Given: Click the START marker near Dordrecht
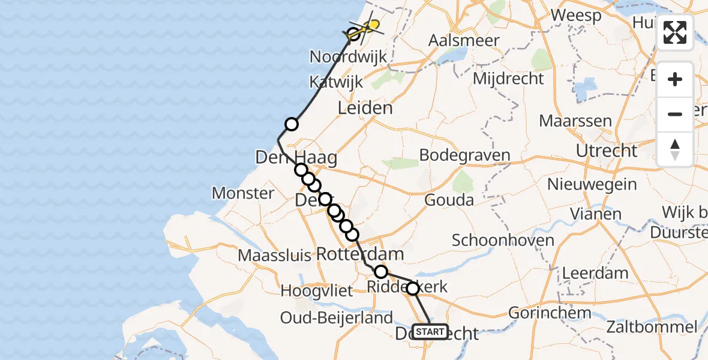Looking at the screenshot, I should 430,332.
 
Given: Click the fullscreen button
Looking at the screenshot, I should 675,32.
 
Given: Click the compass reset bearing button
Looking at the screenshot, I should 675,149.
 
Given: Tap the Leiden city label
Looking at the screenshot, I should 365,109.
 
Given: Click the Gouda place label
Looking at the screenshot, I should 449,200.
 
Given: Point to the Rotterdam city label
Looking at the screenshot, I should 359,254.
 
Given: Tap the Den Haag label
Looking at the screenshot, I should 296,158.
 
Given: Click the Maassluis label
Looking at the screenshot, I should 274,256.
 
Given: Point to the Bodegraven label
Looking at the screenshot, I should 465,155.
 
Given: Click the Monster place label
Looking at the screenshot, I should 244,193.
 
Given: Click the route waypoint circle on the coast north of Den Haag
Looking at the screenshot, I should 291,124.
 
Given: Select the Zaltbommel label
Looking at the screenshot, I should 652,328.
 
